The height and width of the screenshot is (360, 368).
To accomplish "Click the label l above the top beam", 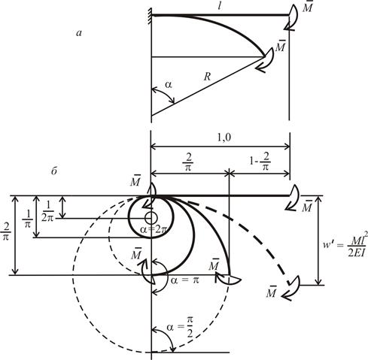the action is point(220,6).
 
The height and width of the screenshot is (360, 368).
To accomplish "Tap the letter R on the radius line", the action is point(207,77).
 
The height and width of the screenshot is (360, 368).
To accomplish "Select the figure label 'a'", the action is point(79,33).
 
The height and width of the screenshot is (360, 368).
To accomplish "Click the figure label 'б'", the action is point(54,171).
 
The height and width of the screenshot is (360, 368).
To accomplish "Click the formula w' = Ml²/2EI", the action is point(345,244).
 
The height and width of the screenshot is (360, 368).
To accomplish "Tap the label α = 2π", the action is point(153,229).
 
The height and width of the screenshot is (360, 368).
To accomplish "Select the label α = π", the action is point(184,280).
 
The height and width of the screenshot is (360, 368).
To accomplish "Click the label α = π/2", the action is point(180,327).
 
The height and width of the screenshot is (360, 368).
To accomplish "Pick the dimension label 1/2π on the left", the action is point(47,212).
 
